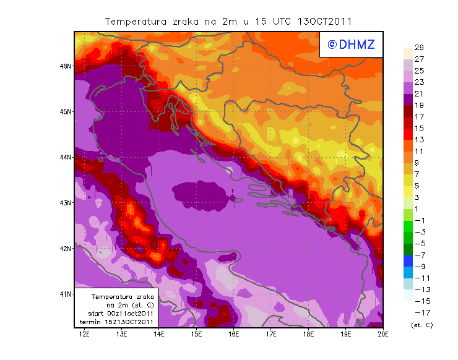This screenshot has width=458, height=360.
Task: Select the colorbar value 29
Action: [419, 48]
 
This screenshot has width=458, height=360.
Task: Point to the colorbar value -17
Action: [419, 312]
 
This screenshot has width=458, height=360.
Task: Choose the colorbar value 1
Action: [418, 208]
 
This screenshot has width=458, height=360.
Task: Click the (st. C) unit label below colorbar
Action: [421, 325]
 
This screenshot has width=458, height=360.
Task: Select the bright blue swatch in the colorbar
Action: [407, 261]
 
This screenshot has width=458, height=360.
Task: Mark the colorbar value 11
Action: [419, 151]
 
